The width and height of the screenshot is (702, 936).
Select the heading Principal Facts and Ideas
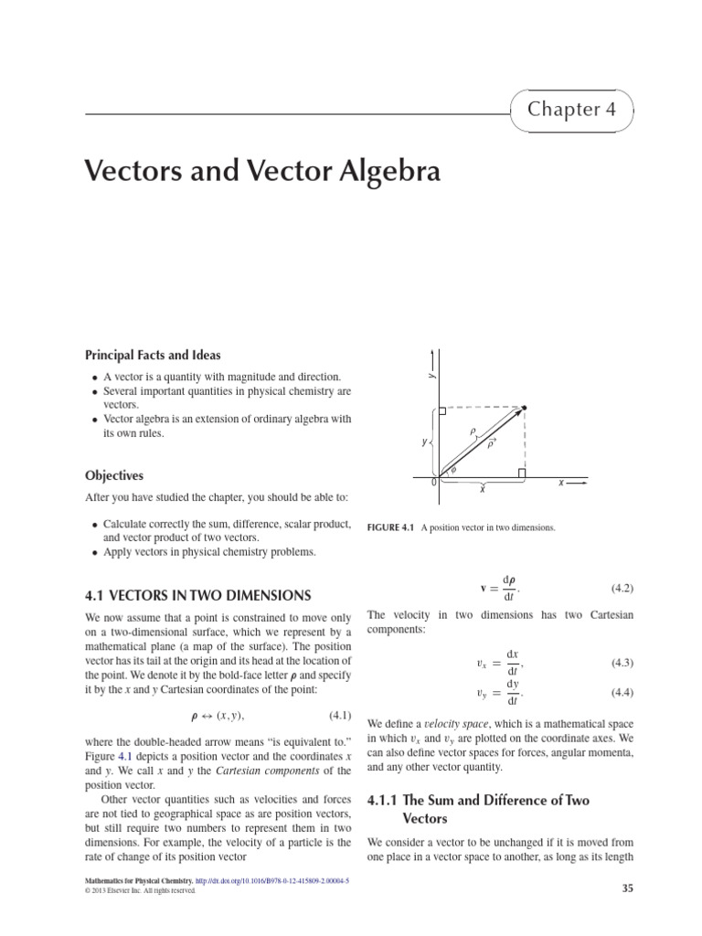153,355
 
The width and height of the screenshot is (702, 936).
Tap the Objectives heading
114,475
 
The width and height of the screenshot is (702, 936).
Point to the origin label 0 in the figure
432,482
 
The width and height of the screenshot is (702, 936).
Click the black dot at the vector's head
524,407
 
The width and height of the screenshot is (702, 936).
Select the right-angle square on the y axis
442,411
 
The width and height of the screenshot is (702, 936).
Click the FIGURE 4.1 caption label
390,528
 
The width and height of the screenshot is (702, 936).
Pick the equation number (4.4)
622,692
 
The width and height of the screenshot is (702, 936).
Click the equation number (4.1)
340,714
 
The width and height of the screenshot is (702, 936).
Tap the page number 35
626,888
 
